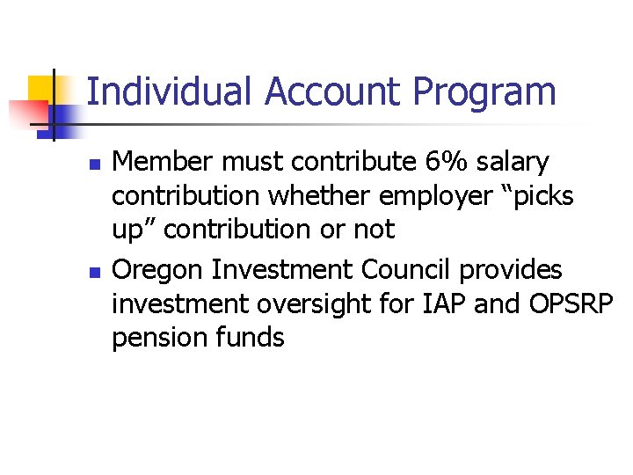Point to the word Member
(164, 162)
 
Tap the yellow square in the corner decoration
(44, 90)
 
